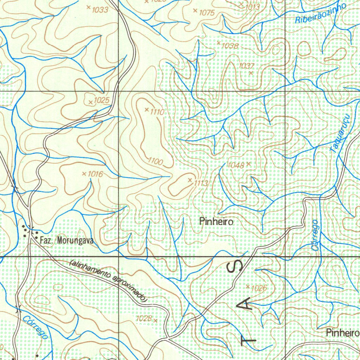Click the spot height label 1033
(x=100, y=10)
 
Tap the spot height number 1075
(x=207, y=13)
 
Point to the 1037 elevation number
(x=246, y=66)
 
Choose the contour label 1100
(x=155, y=162)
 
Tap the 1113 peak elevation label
(x=201, y=183)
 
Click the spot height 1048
(x=236, y=165)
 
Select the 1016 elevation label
(x=95, y=174)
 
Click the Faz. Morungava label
(x=66, y=241)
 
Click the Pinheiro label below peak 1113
(x=216, y=222)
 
